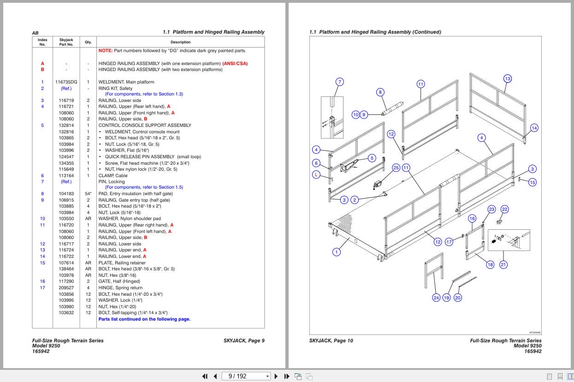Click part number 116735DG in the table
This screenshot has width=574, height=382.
(66, 82)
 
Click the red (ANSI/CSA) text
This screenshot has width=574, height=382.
(235, 64)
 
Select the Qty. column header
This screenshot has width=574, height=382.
(88, 42)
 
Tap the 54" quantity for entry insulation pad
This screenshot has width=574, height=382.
(88, 194)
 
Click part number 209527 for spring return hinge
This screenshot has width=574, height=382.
(66, 288)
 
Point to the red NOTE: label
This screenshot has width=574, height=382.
(106, 51)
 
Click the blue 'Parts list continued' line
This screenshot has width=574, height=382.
(144, 319)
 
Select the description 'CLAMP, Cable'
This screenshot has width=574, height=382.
(113, 176)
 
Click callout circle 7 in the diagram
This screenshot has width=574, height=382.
(339, 82)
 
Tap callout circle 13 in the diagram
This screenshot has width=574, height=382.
(508, 78)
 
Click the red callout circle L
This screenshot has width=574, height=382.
(316, 174)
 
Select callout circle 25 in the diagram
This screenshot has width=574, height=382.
(396, 167)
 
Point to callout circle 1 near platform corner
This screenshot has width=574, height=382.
(337, 252)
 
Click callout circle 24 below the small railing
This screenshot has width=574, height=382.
(436, 298)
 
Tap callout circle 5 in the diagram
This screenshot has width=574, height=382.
(372, 158)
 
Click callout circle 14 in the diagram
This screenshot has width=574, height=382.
(534, 128)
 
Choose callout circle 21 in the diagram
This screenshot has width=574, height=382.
(503, 264)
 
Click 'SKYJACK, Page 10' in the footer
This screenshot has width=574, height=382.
(331, 340)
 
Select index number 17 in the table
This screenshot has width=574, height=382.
(42, 288)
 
